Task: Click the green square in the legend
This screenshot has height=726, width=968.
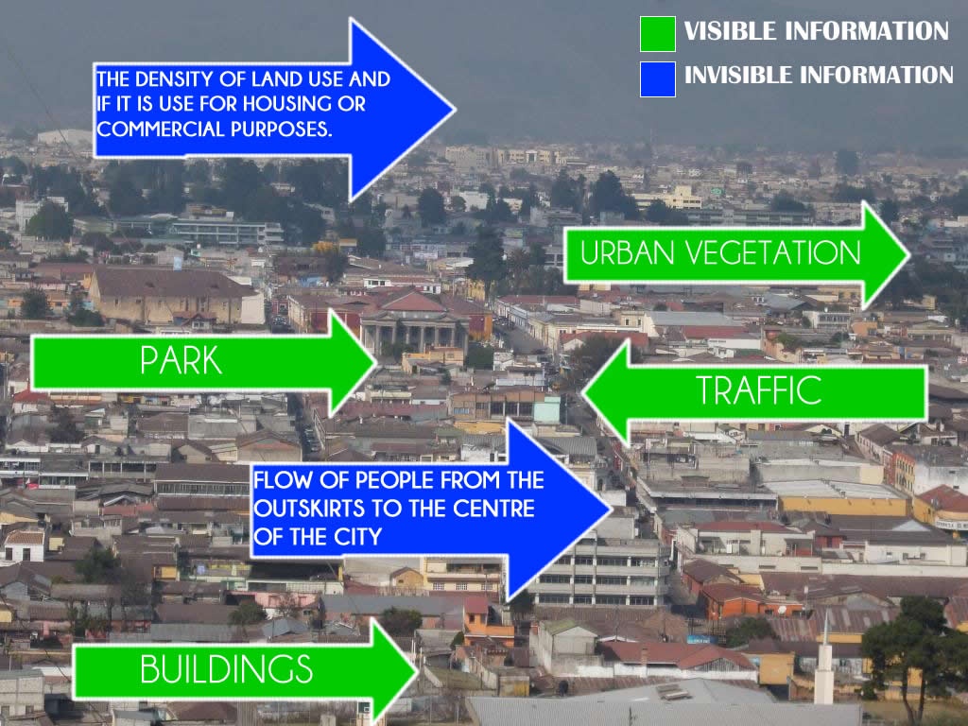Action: (x=658, y=34)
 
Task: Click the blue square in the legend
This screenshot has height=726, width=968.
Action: (x=658, y=79)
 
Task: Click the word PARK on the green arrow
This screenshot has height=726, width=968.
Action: (x=181, y=360)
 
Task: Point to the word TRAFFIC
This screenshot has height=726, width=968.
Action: (x=759, y=390)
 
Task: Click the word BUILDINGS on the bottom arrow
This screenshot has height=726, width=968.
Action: (x=227, y=669)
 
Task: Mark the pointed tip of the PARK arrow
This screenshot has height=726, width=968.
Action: (x=375, y=362)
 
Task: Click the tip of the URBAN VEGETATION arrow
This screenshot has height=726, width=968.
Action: (x=909, y=254)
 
